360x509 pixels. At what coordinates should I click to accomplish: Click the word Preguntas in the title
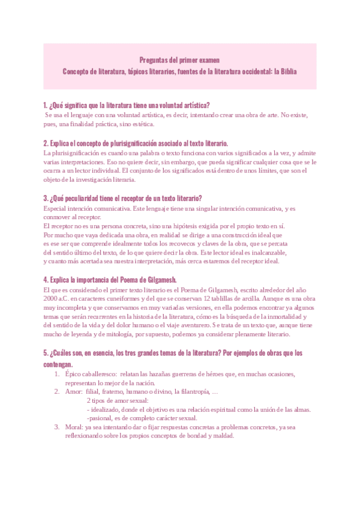click(153, 60)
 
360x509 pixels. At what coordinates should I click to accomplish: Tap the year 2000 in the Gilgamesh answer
click(51, 298)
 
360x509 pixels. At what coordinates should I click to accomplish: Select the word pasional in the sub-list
click(103, 418)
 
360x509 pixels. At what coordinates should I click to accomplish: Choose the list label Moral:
click(74, 427)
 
